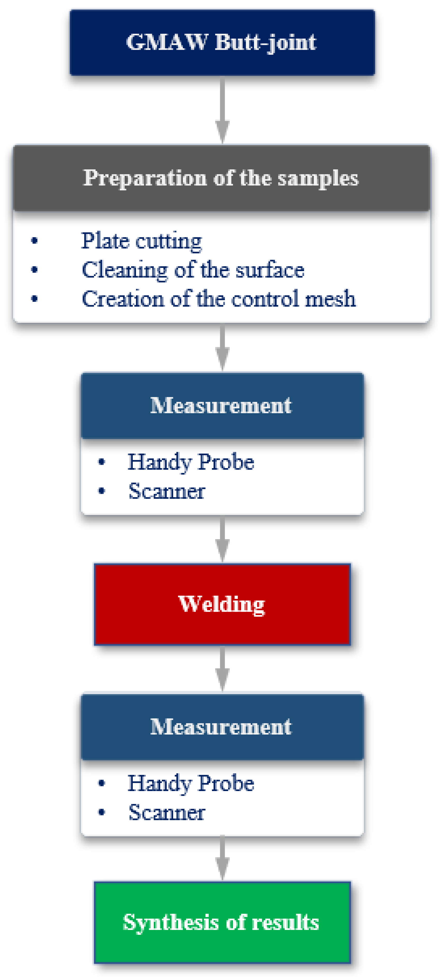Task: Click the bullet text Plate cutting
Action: pyautogui.click(x=141, y=241)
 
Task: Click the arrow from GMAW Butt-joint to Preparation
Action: pyautogui.click(x=222, y=110)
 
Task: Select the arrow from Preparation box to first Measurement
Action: pyautogui.click(x=222, y=348)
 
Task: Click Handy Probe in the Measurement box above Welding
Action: pyautogui.click(x=190, y=462)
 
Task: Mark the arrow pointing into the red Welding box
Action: pyautogui.click(x=222, y=539)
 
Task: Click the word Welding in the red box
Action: pyautogui.click(x=221, y=604)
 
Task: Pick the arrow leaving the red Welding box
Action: pyautogui.click(x=222, y=669)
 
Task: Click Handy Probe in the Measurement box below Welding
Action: pyautogui.click(x=190, y=784)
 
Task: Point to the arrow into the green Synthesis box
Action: pyautogui.click(x=222, y=858)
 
